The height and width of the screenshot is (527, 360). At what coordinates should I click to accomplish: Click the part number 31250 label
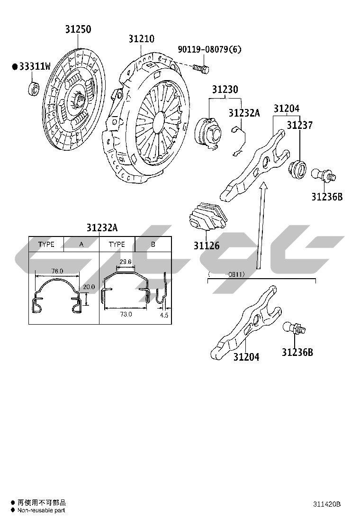[x=78, y=29]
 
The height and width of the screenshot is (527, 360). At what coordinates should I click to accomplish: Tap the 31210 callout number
[x=141, y=39]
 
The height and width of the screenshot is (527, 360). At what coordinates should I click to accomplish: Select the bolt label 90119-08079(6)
[x=209, y=49]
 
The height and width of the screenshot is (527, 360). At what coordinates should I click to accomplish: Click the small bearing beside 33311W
[x=33, y=89]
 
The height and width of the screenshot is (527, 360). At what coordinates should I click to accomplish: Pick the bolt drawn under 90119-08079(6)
[x=201, y=69]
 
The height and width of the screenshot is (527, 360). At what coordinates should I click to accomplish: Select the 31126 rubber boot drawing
[x=206, y=217]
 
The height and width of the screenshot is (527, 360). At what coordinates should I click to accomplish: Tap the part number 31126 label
[x=207, y=245]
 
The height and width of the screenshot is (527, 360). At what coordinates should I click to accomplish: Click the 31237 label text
[x=299, y=125]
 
